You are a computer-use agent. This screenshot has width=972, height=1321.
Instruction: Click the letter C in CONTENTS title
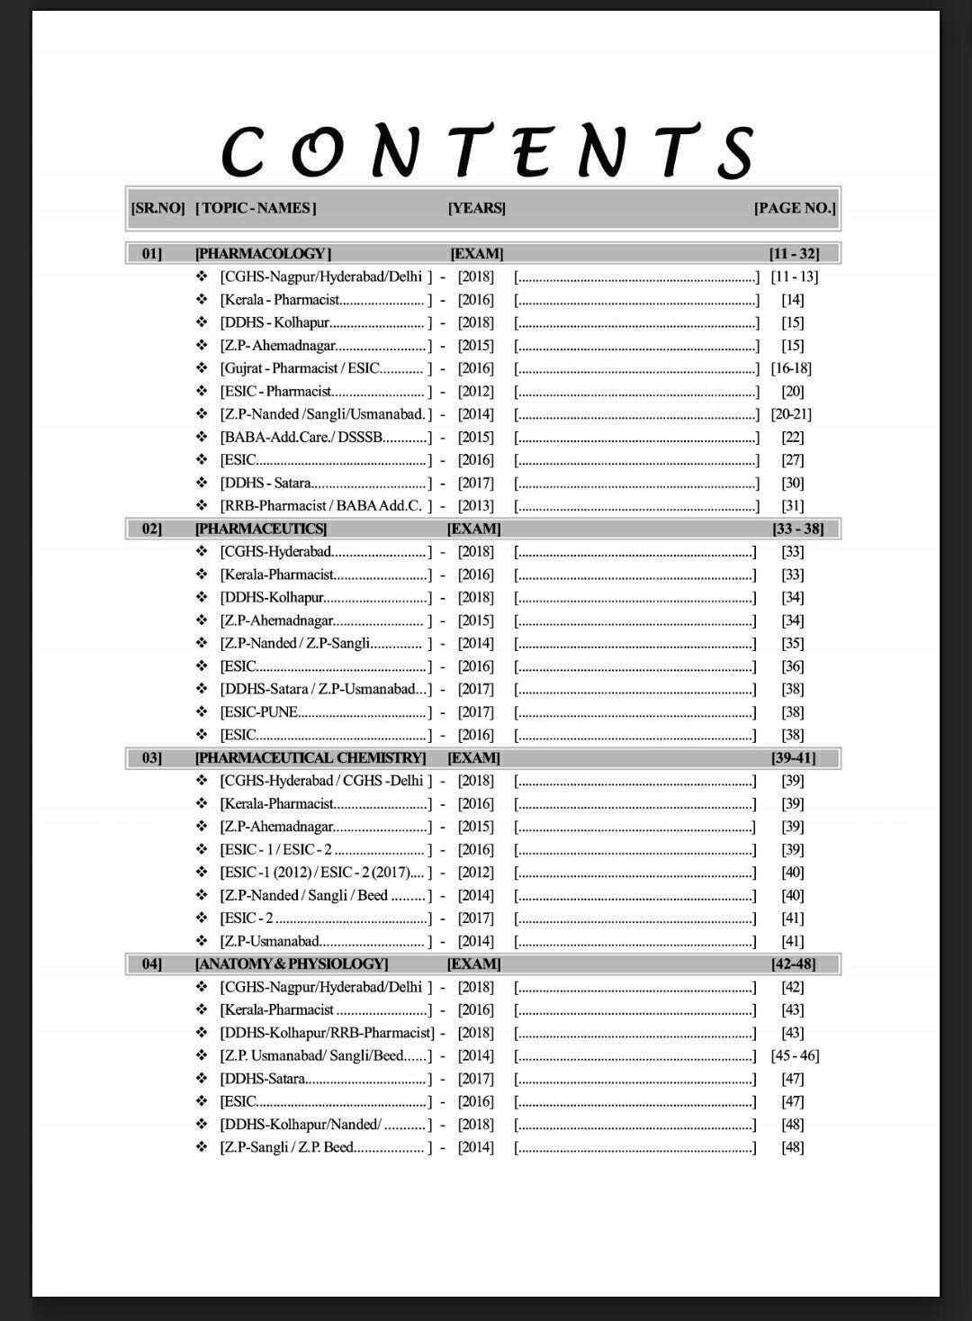click(x=243, y=150)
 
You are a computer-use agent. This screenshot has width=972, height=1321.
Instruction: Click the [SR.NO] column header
click(x=157, y=208)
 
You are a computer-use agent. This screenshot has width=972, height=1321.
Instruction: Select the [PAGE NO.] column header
click(x=795, y=208)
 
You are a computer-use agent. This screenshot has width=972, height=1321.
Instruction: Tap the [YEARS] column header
click(x=476, y=208)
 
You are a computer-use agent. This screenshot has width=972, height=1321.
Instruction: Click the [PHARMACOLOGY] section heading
click(x=263, y=254)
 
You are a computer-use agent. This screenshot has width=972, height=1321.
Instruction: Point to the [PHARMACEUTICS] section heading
click(x=261, y=529)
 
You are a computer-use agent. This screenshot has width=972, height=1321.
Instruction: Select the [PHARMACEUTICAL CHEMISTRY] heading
click(x=310, y=758)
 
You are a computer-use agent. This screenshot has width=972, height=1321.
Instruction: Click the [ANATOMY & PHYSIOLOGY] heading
click(x=292, y=964)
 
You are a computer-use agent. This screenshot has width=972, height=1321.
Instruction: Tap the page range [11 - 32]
click(x=793, y=254)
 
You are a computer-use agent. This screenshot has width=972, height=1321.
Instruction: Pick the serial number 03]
click(x=152, y=758)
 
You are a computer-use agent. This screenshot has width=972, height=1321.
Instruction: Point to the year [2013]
click(x=475, y=506)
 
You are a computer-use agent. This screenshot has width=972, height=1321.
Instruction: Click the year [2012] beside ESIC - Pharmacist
click(x=475, y=392)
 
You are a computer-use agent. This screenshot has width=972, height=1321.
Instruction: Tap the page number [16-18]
click(x=791, y=368)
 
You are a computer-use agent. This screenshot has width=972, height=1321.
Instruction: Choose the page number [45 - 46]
click(x=795, y=1055)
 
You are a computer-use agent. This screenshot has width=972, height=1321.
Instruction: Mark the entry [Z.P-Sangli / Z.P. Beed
click(x=287, y=1147)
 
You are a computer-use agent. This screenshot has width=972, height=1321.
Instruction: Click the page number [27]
click(x=792, y=460)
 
